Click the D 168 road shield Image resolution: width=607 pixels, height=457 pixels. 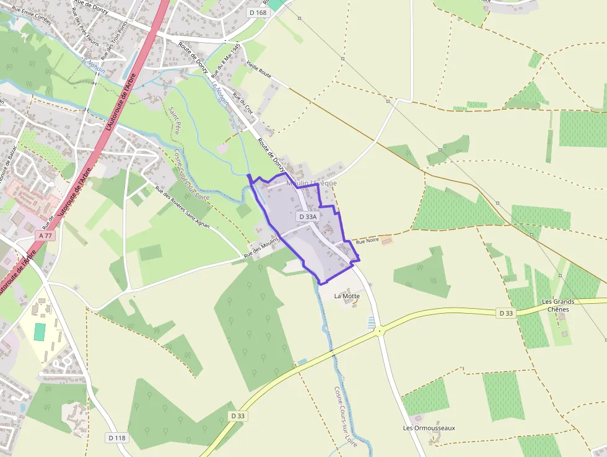click(x=258, y=12)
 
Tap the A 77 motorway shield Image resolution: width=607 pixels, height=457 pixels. click(x=45, y=236)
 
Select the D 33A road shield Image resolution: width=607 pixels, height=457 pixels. click(x=307, y=217)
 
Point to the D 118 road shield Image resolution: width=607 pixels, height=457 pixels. click(x=116, y=438)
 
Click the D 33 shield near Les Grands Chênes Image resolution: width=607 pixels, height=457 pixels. click(x=506, y=313)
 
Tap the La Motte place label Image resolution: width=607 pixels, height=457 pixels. click(x=347, y=296)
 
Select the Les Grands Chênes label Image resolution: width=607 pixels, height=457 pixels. click(x=558, y=305)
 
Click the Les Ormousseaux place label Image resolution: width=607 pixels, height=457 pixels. click(x=429, y=428)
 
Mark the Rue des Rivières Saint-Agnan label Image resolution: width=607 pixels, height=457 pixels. click(x=182, y=208)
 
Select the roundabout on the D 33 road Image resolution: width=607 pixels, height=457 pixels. click(x=378, y=332)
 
